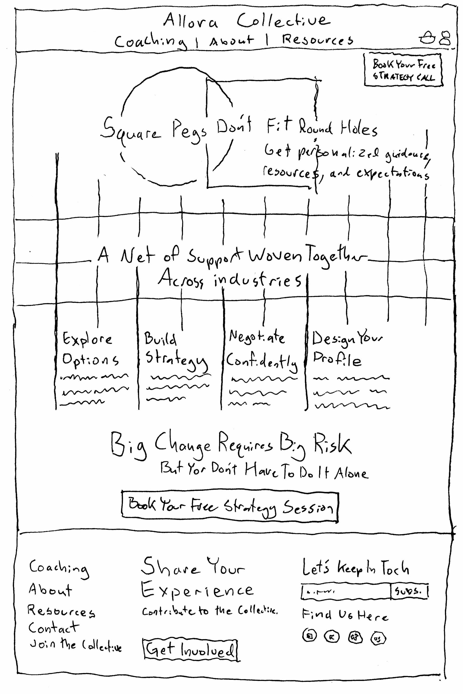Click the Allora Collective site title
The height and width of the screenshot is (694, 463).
coord(246,21)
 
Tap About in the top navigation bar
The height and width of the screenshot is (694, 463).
coord(231,41)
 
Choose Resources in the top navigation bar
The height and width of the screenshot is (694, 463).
coord(317,40)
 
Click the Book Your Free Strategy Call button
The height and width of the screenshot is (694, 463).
coord(403,70)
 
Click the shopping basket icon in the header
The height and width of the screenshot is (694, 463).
coord(427,38)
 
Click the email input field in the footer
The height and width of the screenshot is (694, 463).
coord(346,591)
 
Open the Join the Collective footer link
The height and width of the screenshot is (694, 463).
coord(75,645)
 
